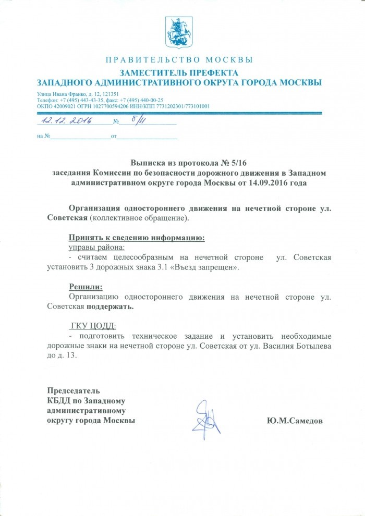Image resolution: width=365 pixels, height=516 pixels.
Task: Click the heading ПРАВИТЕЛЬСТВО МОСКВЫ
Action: pyautogui.click(x=179, y=59)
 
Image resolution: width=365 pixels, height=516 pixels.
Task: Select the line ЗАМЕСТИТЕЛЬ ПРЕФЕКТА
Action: pyautogui.click(x=179, y=72)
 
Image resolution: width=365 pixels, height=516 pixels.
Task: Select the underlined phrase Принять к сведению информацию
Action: pyautogui.click(x=137, y=238)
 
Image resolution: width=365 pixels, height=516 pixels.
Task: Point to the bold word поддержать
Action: pyautogui.click(x=110, y=306)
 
